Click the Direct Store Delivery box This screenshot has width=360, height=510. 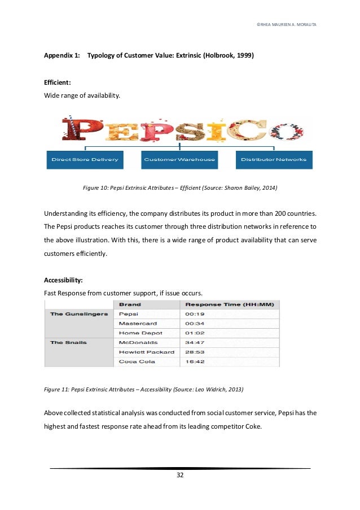[x=85, y=159]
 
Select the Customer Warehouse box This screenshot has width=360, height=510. [x=179, y=159]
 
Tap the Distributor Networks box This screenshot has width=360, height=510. [x=274, y=159]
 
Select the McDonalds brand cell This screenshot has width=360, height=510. [x=138, y=342]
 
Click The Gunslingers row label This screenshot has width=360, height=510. [x=79, y=314]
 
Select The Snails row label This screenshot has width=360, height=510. [x=68, y=342]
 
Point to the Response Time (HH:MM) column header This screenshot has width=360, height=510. [x=229, y=304]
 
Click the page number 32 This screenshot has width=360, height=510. [x=180, y=475]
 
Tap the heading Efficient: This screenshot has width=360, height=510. [x=58, y=82]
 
